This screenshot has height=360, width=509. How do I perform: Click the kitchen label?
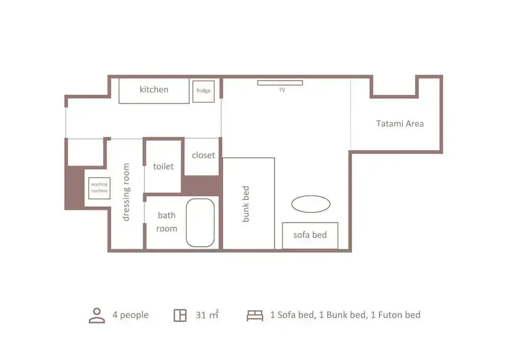pyautogui.click(x=154, y=90)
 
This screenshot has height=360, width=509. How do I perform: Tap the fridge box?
pyautogui.click(x=204, y=92)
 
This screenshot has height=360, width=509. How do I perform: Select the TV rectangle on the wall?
pyautogui.click(x=280, y=83)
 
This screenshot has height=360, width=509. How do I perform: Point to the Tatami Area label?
pyautogui.click(x=400, y=124)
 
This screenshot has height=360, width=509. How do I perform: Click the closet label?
pyautogui.click(x=203, y=155)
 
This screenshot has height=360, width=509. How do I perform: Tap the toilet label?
pyautogui.click(x=163, y=167)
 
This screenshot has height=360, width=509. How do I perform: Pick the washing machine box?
pyautogui.click(x=99, y=188)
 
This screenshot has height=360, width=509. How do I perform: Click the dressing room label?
pyautogui.click(x=126, y=192)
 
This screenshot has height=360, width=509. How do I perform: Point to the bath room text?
pyautogui.click(x=166, y=222)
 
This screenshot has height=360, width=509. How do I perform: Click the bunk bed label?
pyautogui.click(x=246, y=204)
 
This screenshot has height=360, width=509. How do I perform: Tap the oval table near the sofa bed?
pyautogui.click(x=310, y=204)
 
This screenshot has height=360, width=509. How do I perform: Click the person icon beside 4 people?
pyautogui.click(x=97, y=316)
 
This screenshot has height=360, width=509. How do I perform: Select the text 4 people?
pyautogui.click(x=130, y=315)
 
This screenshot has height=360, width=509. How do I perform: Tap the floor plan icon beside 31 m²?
pyautogui.click(x=180, y=315)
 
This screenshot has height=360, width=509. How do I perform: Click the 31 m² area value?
pyautogui.click(x=207, y=315)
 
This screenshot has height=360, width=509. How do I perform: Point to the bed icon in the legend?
pyautogui.click(x=255, y=316)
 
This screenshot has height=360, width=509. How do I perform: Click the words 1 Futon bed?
pyautogui.click(x=395, y=315)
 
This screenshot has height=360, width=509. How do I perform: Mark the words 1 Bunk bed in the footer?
pyautogui.click(x=344, y=315)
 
